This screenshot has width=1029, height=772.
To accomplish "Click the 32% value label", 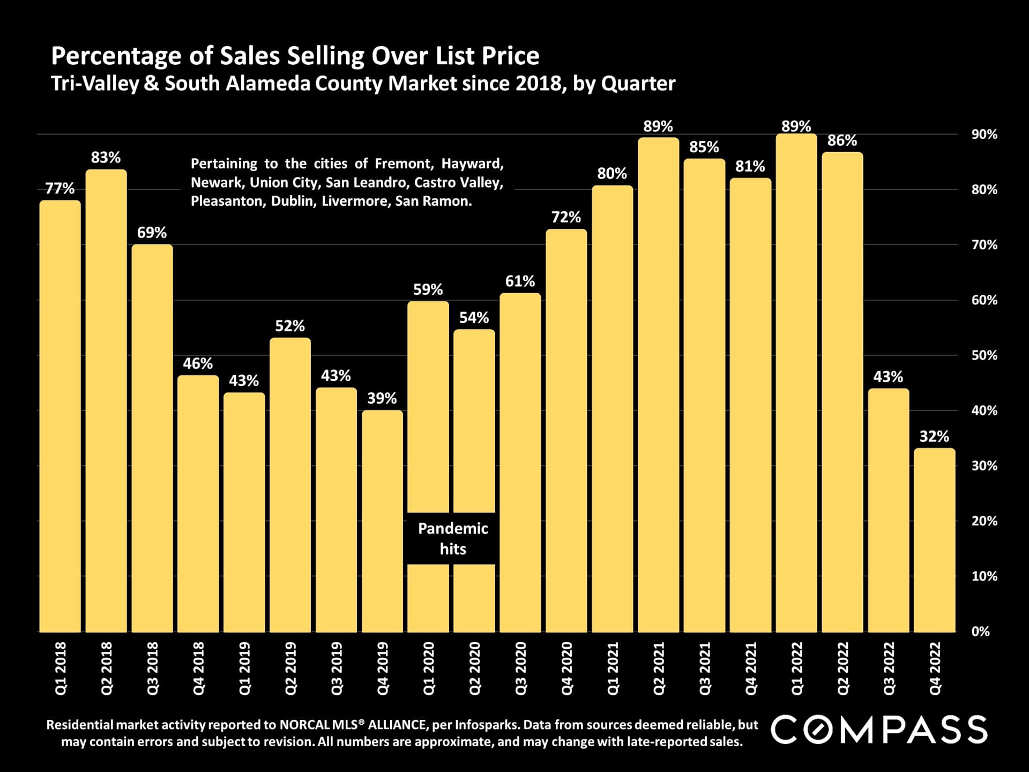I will click(x=934, y=436).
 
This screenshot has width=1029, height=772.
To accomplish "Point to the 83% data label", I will click(x=106, y=158).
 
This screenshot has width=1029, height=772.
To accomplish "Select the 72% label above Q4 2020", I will click(x=566, y=217).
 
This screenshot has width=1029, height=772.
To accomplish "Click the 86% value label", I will click(x=842, y=140).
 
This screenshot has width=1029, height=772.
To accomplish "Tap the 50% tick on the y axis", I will click(x=984, y=355).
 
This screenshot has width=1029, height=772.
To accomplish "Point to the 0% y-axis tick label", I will click(x=980, y=632).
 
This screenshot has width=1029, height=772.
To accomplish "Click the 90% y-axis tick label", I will click(x=984, y=135).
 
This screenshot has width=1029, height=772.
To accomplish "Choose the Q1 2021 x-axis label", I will click(x=613, y=669).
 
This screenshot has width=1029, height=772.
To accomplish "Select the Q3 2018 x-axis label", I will click(x=153, y=669).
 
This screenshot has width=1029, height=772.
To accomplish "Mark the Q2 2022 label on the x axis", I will click(x=842, y=669).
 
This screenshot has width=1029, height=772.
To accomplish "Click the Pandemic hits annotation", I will click(x=453, y=539).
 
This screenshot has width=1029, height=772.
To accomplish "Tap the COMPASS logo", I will click(x=879, y=730).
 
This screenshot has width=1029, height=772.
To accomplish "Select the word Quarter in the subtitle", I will click(x=638, y=84).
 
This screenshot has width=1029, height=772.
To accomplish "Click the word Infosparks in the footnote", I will click(x=486, y=725).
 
